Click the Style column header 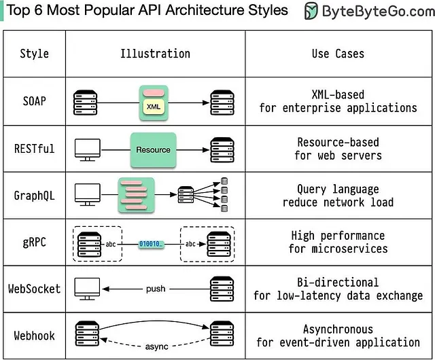[x=34, y=54]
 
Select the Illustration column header [x=155, y=54]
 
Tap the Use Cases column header [x=338, y=54]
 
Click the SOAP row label [x=34, y=101]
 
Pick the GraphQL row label [x=34, y=195]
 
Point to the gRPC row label [x=34, y=242]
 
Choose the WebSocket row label [x=34, y=289]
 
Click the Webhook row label [x=34, y=336]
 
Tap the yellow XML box [x=154, y=106]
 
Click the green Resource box [x=154, y=149]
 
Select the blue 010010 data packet [x=151, y=243]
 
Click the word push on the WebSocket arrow [x=156, y=289]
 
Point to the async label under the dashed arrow [x=156, y=346]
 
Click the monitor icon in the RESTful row [x=86, y=149]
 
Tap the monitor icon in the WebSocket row [x=86, y=288]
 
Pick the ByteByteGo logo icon [x=311, y=11]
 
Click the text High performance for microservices [x=337, y=242]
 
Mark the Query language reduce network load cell [x=337, y=196]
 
